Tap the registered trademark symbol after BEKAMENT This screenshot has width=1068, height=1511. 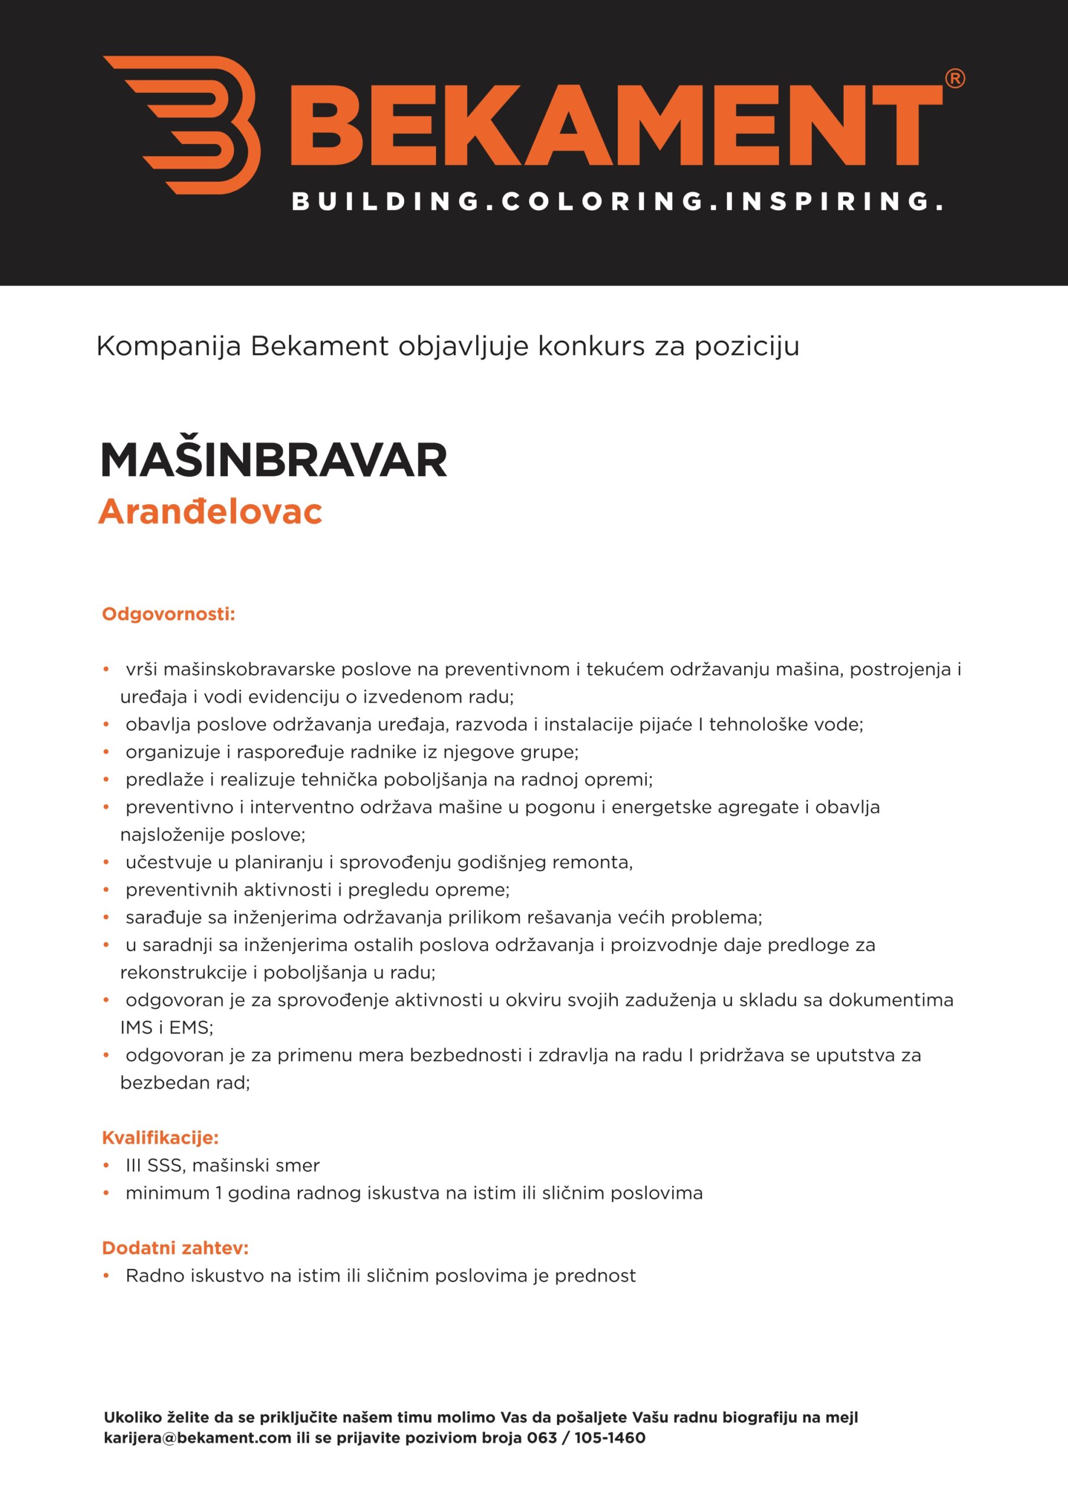point(954,79)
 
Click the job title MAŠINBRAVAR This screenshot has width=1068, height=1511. point(274,460)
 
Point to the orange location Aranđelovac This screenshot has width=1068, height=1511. point(211,511)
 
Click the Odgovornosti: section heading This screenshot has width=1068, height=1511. point(168,614)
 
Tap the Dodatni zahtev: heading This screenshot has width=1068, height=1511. point(175,1248)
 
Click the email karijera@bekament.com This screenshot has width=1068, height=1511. point(198,1438)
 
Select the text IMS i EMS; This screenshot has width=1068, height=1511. point(166,1027)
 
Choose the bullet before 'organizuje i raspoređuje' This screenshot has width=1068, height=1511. point(106,752)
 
